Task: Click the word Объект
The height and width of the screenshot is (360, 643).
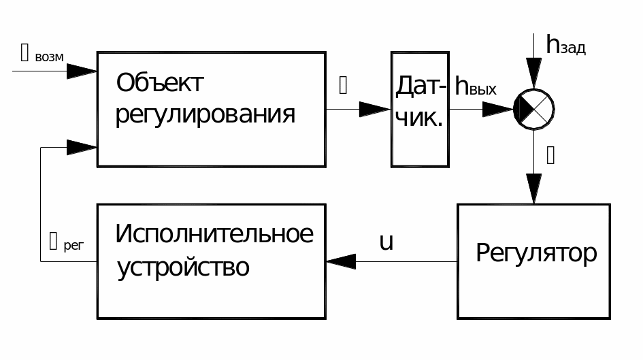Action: [x=160, y=84]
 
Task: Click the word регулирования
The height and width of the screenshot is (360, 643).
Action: [x=205, y=114]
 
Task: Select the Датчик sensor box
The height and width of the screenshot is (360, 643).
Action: [x=420, y=109]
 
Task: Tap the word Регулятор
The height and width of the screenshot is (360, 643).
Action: [x=535, y=252]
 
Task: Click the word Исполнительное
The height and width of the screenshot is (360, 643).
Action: [x=214, y=234]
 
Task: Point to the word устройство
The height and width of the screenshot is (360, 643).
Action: [x=183, y=266]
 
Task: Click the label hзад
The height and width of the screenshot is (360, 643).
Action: [x=565, y=45]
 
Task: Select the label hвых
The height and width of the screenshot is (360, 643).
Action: [x=476, y=89]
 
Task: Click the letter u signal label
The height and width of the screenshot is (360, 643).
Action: [x=386, y=242]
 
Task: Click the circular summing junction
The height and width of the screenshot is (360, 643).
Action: [x=533, y=109]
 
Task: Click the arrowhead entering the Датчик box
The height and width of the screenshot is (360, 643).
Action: [x=374, y=109]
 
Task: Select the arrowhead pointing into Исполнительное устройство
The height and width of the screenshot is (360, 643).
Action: [x=341, y=261]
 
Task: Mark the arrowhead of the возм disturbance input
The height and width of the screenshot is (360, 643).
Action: [x=82, y=70]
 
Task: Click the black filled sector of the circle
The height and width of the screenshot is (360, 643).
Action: [x=525, y=109]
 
